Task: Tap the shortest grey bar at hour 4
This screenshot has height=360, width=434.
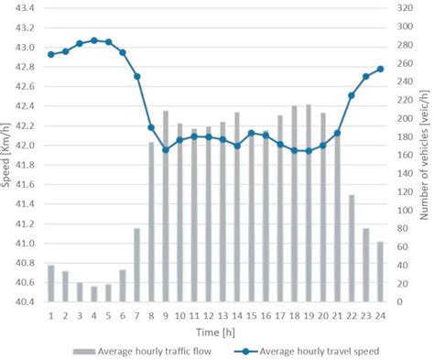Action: tap(94, 294)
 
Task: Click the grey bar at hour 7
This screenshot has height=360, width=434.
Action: tap(137, 265)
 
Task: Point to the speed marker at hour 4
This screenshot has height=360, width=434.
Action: tap(94, 40)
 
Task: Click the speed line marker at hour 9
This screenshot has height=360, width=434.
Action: tap(166, 149)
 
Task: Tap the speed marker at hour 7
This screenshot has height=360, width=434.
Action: tap(137, 76)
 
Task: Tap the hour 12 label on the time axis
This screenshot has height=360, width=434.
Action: tap(209, 314)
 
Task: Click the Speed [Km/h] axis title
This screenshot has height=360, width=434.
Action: tap(7, 156)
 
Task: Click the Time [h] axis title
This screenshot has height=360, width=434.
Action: tap(215, 330)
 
